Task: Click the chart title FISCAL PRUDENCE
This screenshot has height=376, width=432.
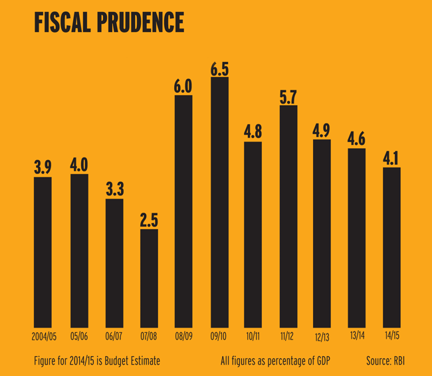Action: [108, 22]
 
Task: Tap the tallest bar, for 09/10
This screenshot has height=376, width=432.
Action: [219, 199]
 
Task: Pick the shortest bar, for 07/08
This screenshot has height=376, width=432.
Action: [149, 276]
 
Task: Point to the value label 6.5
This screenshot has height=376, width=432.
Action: [219, 68]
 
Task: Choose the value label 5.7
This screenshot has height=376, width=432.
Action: [288, 97]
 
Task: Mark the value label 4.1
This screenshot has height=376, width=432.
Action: [391, 159]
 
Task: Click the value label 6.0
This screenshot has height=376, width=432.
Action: [183, 86]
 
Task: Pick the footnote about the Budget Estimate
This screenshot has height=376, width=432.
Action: [96, 361]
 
